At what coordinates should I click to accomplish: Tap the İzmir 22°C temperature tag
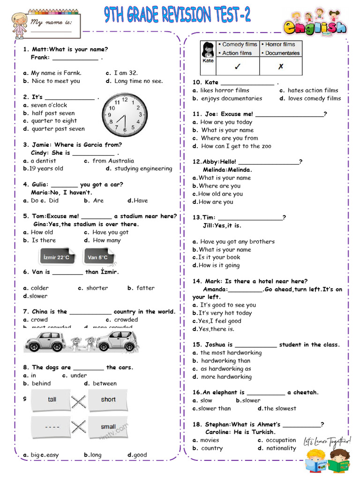point(56,257)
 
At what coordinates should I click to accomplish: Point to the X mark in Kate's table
point(280,67)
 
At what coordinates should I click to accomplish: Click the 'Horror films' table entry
point(280,45)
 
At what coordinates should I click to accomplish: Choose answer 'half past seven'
point(52,113)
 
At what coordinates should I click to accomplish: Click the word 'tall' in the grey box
point(52,399)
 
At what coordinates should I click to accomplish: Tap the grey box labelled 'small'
point(108,427)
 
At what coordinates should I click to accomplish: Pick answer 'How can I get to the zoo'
point(236,146)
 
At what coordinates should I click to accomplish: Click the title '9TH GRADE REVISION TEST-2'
point(177,15)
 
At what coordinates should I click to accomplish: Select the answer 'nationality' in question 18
point(281,448)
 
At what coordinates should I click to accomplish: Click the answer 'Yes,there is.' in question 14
point(216,329)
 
